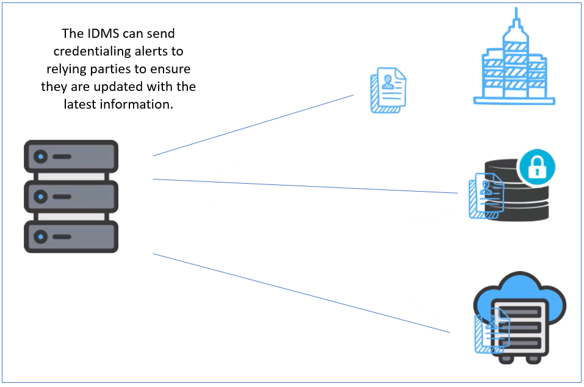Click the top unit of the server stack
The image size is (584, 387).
tap(71, 156)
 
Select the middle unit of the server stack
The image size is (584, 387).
tap(71, 197)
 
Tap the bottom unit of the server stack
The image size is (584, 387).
tap(71, 237)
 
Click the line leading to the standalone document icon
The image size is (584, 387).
tap(253, 125)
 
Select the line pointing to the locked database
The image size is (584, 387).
tap(305, 186)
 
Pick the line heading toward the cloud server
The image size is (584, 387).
tap(301, 293)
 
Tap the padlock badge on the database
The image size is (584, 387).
tap(536, 167)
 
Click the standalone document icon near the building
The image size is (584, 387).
tap(388, 91)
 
